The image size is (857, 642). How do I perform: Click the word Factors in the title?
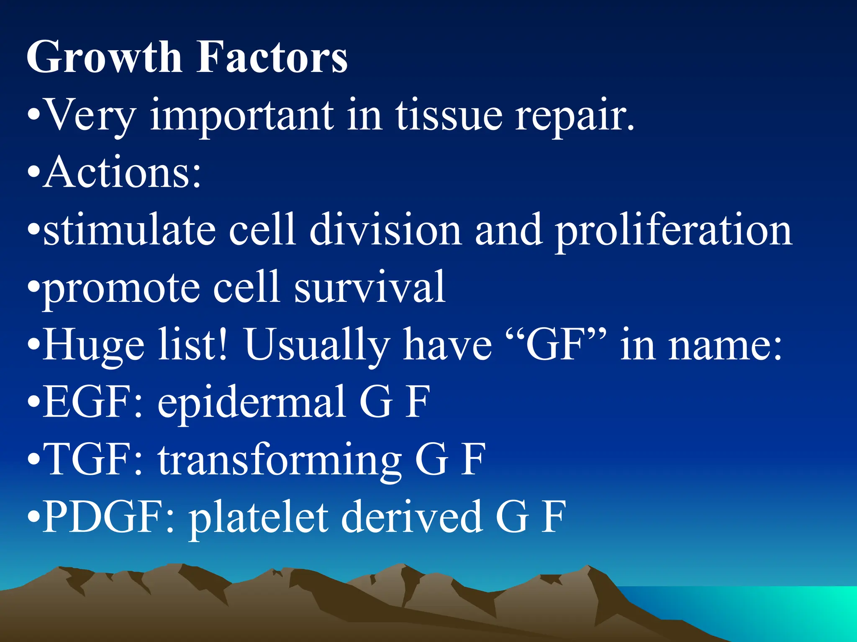272,57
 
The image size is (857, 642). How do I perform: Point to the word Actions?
121,172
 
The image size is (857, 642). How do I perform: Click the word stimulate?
130,230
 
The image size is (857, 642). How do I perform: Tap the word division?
385,230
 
